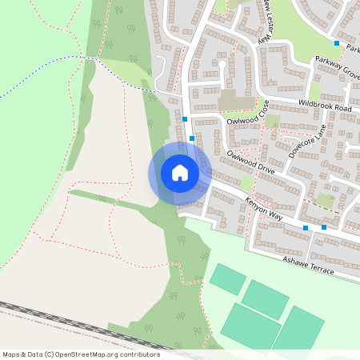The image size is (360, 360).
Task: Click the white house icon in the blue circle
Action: tap(180, 173)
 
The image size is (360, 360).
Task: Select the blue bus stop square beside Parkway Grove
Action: tap(337, 43)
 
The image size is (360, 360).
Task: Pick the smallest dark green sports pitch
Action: tap(228, 278)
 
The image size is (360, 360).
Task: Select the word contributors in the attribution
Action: tap(138, 354)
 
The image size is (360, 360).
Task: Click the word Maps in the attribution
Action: tap(11, 354)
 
